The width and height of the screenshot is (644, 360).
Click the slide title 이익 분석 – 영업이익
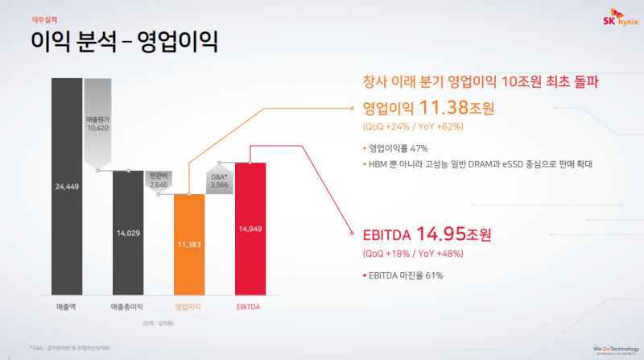click(x=124, y=40)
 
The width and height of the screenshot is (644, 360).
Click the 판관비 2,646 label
click(x=158, y=179)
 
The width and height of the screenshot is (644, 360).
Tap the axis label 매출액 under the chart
click(x=67, y=306)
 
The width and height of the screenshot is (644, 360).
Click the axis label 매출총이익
click(x=128, y=306)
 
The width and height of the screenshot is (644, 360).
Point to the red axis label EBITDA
click(x=250, y=306)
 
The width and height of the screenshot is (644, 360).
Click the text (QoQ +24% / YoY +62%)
click(x=414, y=126)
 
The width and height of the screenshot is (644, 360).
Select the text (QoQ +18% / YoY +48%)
click(x=414, y=254)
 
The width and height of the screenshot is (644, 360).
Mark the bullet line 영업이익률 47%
click(x=398, y=148)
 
